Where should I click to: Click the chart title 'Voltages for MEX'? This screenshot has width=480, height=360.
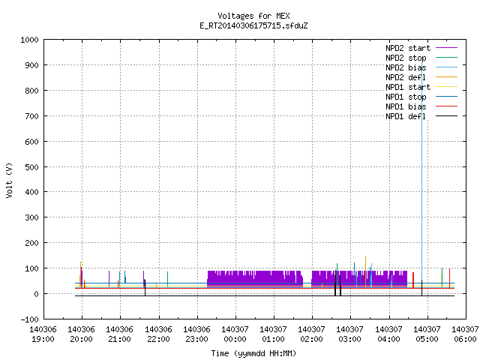(x=253, y=16)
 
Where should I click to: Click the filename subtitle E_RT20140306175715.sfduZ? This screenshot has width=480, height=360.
(x=253, y=25)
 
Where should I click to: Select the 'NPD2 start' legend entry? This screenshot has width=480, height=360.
(x=421, y=48)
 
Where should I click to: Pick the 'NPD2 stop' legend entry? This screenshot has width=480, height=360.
(x=421, y=58)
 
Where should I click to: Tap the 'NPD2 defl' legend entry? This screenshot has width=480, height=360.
(x=421, y=77)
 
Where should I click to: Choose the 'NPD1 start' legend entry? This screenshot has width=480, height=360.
(x=421, y=87)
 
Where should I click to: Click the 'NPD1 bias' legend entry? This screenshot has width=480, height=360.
(x=421, y=106)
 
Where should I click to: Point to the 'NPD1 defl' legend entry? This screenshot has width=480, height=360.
(x=421, y=116)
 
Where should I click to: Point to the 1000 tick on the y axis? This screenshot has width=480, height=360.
(x=30, y=40)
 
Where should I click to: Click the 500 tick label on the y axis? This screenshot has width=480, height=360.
(x=32, y=167)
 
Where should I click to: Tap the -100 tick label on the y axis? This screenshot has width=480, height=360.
(x=30, y=319)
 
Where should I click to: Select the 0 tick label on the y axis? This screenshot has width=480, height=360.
(x=37, y=294)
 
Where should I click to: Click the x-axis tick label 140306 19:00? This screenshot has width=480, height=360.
(x=43, y=334)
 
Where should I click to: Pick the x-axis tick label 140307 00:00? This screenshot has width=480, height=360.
(x=235, y=334)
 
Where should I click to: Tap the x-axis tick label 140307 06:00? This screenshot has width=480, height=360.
(x=465, y=334)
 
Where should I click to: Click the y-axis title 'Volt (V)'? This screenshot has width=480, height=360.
(x=9, y=180)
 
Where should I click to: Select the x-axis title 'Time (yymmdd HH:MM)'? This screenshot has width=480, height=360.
(x=253, y=353)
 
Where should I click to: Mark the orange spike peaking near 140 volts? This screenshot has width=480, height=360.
(x=365, y=271)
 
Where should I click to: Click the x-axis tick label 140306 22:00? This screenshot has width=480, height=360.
(x=158, y=334)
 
